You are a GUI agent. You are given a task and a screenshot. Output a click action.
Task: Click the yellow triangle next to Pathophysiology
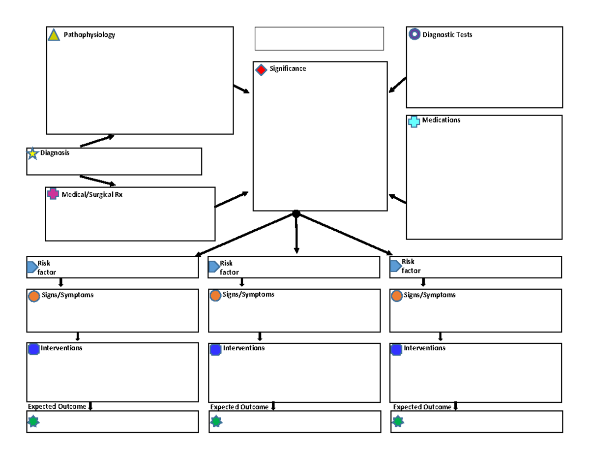coord(54,35)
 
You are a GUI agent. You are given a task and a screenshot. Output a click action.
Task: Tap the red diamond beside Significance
coord(262,69)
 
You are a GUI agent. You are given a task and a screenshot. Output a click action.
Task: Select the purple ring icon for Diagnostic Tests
coord(414,34)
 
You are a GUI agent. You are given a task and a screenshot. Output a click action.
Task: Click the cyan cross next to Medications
coord(414,122)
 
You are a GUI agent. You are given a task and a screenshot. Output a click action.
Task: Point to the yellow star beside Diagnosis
coord(32,153)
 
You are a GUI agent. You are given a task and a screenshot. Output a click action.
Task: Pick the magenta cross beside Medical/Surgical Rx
coord(53,194)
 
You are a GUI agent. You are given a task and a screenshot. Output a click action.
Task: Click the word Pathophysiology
coord(89,35)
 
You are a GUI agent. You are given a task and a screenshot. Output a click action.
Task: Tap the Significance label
coord(287,69)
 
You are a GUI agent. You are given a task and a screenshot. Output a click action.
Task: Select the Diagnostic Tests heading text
coord(447,35)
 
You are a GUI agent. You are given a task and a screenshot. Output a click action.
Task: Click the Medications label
coord(441,120)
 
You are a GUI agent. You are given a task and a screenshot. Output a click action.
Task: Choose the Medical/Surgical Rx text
coord(92,195)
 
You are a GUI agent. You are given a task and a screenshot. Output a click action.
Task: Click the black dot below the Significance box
coord(296,213)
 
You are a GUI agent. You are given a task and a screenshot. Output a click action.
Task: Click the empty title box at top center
coord(319,38)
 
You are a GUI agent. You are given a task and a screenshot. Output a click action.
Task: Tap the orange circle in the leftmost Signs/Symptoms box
coord(34,296)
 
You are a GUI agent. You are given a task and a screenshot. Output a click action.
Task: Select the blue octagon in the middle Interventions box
coord(215,349)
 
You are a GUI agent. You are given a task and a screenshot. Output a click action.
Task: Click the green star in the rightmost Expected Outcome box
coord(398,422)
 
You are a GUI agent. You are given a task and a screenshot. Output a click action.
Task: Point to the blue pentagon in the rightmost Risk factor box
coord(395,266)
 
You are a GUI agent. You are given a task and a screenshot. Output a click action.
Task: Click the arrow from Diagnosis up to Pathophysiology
coord(97,141)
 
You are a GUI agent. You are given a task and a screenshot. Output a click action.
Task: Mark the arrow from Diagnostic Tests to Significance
coord(397,85)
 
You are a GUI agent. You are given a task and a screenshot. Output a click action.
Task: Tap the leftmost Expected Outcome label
coord(57,407)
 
